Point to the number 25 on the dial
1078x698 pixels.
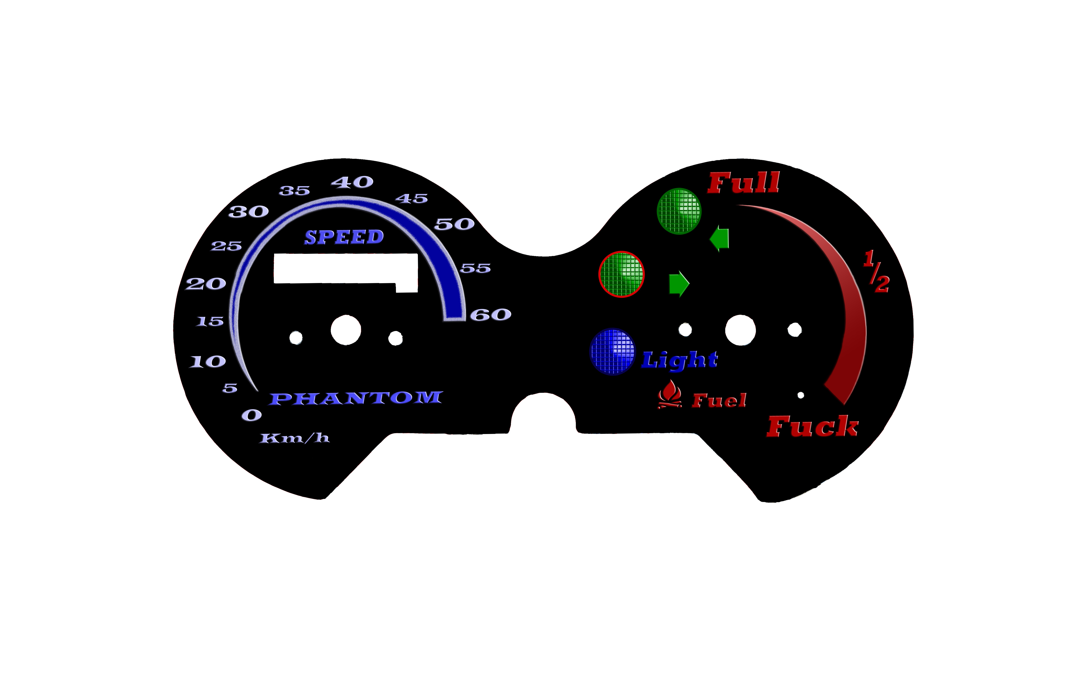point(226,246)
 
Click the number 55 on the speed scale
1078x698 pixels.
point(476,268)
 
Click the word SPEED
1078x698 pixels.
point(344,237)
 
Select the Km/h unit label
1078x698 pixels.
point(294,438)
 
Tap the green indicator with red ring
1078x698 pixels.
point(621,274)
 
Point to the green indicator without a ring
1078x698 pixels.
point(679,211)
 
